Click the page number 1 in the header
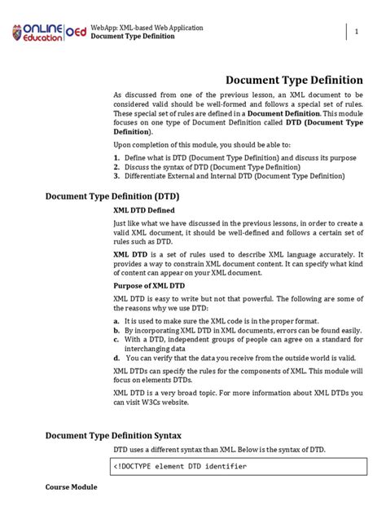pos(356,31)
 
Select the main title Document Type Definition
pos(294,81)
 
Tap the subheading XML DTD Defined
pos(144,210)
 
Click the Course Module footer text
pos(71,486)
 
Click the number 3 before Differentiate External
pos(116,175)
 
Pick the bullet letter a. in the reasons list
pos(116,322)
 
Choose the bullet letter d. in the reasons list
pos(116,358)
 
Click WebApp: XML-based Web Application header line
pos(147,28)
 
